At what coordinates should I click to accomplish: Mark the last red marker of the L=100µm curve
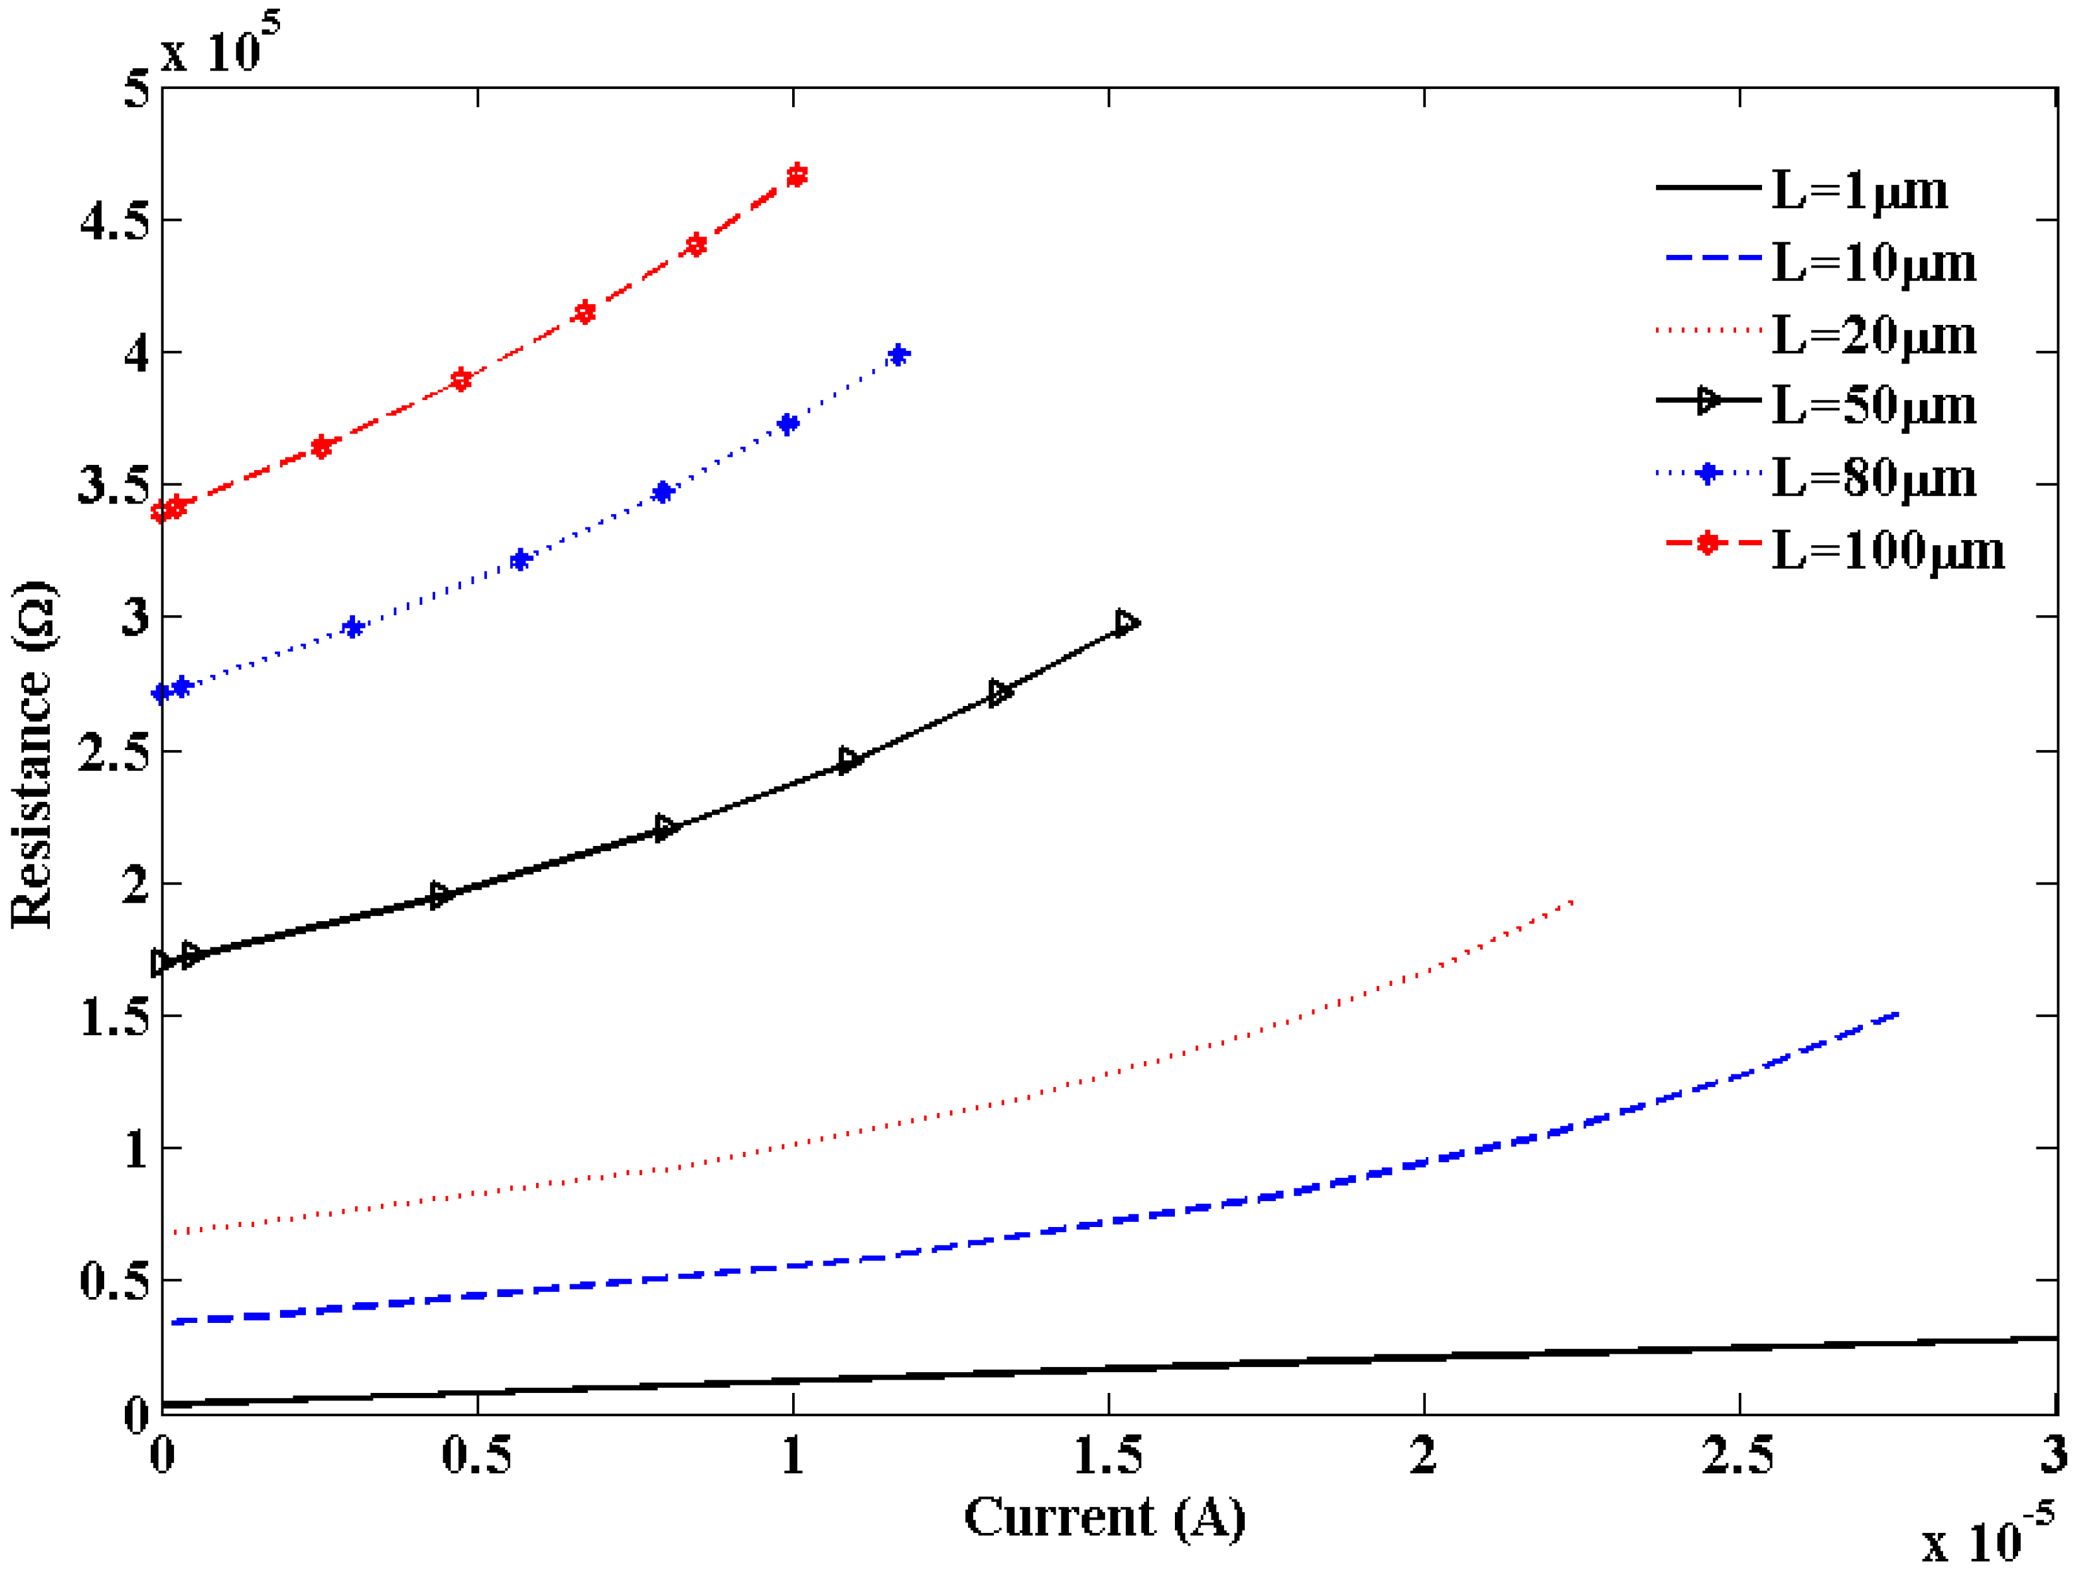(797, 176)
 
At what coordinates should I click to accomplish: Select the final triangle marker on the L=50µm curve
(1126, 623)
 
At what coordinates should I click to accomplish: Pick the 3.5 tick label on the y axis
(114, 486)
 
